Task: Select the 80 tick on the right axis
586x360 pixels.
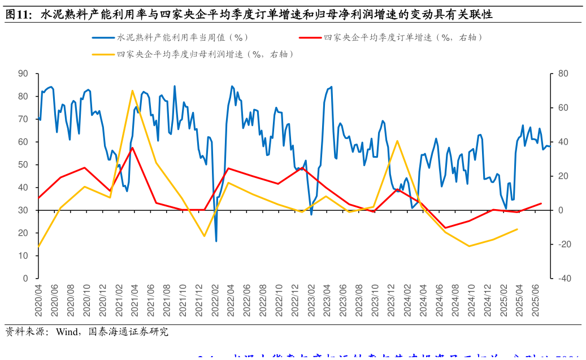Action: pyautogui.click(x=563, y=73)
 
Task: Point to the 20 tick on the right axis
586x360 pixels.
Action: pyautogui.click(x=563, y=176)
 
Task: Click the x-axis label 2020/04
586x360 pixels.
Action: pyautogui.click(x=38, y=301)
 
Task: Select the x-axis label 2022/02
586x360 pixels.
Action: pyautogui.click(x=215, y=301)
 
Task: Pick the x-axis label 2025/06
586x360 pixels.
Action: pyautogui.click(x=537, y=301)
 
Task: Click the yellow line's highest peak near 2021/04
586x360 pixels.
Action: pyautogui.click(x=132, y=90)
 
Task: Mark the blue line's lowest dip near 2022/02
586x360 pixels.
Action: pyautogui.click(x=216, y=241)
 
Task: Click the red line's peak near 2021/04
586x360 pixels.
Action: pyautogui.click(x=132, y=148)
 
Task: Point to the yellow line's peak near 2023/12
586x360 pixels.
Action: pyautogui.click(x=397, y=141)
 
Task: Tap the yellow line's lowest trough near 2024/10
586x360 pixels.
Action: pyautogui.click(x=469, y=246)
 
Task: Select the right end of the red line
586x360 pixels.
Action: pyautogui.click(x=541, y=203)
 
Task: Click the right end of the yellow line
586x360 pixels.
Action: pyautogui.click(x=517, y=229)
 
